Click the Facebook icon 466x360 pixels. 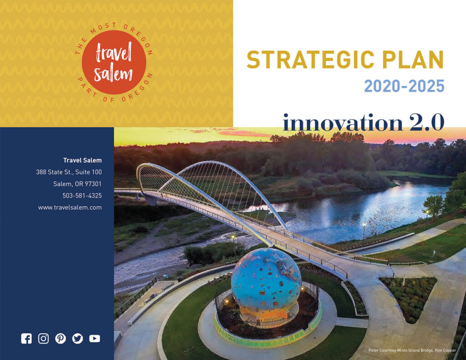26,339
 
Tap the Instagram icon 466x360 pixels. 43,339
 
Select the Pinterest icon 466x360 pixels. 61,339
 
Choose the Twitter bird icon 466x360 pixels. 77,339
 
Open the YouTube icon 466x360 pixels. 95,339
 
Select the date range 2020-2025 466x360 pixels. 404,86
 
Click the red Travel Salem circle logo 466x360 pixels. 114,62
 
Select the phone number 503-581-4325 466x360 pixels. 82,196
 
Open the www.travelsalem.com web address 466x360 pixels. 70,208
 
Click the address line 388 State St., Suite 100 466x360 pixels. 69,172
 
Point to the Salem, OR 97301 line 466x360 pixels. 77,184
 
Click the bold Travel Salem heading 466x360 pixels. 82,160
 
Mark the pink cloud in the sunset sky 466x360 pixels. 250,133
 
